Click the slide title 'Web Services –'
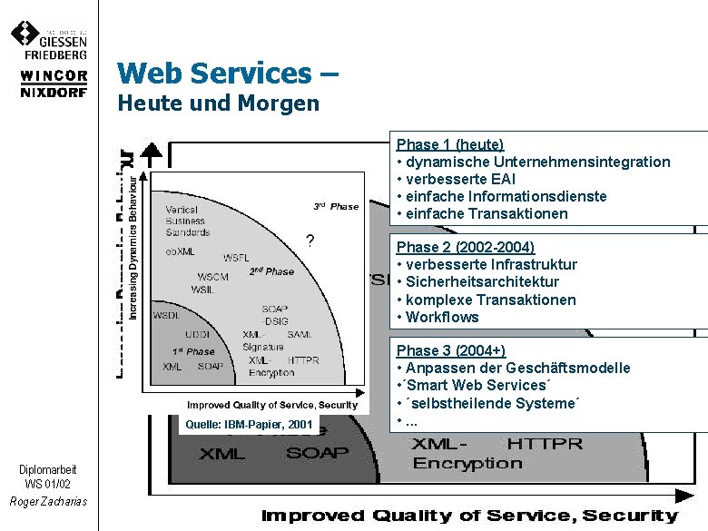click(228, 73)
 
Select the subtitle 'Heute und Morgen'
click(219, 103)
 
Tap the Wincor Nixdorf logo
click(54, 84)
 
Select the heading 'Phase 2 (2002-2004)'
click(465, 247)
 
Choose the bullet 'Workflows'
click(442, 317)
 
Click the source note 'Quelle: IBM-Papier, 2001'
click(249, 424)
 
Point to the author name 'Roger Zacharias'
click(48, 502)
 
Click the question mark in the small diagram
click(310, 241)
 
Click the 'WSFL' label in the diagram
click(237, 258)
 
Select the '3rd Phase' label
click(336, 207)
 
